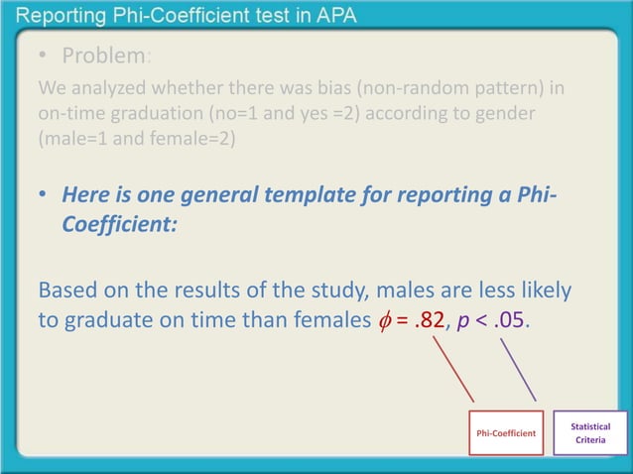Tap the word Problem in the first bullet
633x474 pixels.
103,54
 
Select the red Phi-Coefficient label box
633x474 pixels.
506,433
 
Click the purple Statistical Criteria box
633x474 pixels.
590,433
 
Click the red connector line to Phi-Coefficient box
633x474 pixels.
452,373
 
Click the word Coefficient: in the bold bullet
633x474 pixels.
119,224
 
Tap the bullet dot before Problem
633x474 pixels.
44,55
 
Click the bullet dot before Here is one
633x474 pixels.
44,197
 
